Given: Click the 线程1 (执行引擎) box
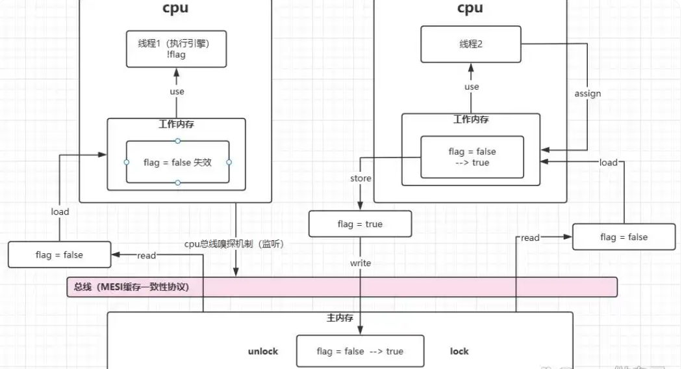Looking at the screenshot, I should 177,49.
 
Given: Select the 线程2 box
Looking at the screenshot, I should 472,45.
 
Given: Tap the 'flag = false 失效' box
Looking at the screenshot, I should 177,162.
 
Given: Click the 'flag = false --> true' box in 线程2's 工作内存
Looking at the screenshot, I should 472,157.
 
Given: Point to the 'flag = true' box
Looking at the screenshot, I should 360,225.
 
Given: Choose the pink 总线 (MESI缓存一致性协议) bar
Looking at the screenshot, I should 342,287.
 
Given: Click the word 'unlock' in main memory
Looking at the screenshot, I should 263,351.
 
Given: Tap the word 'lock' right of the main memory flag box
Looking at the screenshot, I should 459,351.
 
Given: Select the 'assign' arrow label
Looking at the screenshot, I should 588,94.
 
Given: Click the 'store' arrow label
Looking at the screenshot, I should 361,178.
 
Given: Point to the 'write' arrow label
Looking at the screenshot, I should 361,263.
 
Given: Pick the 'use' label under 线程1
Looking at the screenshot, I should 177,92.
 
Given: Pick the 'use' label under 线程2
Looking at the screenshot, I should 472,87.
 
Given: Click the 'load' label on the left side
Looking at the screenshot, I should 60,212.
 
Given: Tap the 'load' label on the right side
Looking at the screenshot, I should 608,162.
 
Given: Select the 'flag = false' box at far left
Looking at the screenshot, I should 59,255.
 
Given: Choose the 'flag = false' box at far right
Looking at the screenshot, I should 624,237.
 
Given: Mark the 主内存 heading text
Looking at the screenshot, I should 339,319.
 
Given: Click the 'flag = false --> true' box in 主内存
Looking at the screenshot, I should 360,351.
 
